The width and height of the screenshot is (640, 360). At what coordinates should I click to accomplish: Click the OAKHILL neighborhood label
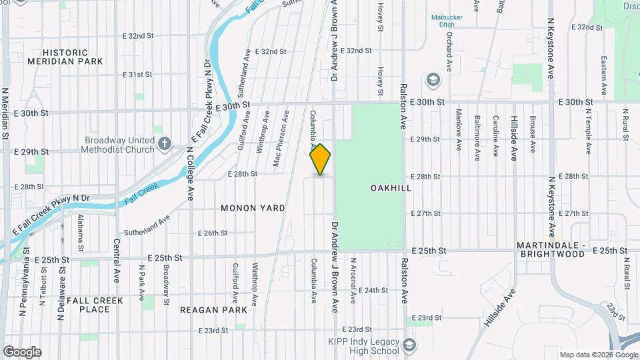click(x=391, y=189)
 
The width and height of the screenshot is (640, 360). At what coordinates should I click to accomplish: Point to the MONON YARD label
click(x=253, y=208)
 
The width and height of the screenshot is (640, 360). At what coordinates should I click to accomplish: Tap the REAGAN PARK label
click(x=213, y=310)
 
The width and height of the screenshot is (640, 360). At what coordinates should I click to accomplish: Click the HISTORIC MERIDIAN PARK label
click(x=65, y=57)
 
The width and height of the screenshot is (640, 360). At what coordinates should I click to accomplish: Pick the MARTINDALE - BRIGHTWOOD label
click(x=550, y=250)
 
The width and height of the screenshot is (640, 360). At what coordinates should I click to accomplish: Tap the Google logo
click(x=22, y=352)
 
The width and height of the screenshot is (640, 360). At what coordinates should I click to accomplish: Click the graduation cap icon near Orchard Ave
click(x=433, y=81)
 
